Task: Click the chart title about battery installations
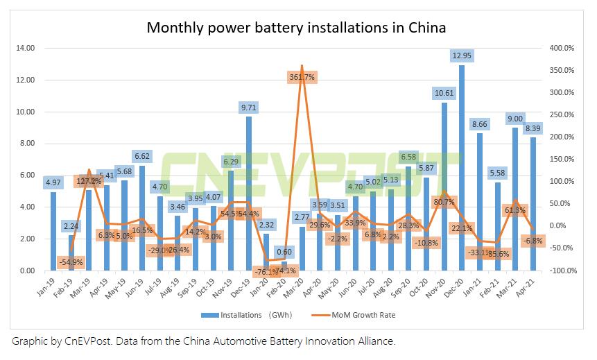[x=295, y=28]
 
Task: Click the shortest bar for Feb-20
[x=284, y=266]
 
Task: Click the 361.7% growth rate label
[x=302, y=78]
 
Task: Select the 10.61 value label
[x=444, y=93]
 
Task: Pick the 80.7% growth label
[x=443, y=203]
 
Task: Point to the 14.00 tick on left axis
[x=26, y=49]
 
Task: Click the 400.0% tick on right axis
[x=562, y=49]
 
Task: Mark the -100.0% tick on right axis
[x=562, y=271]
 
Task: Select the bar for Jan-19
[x=53, y=231]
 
